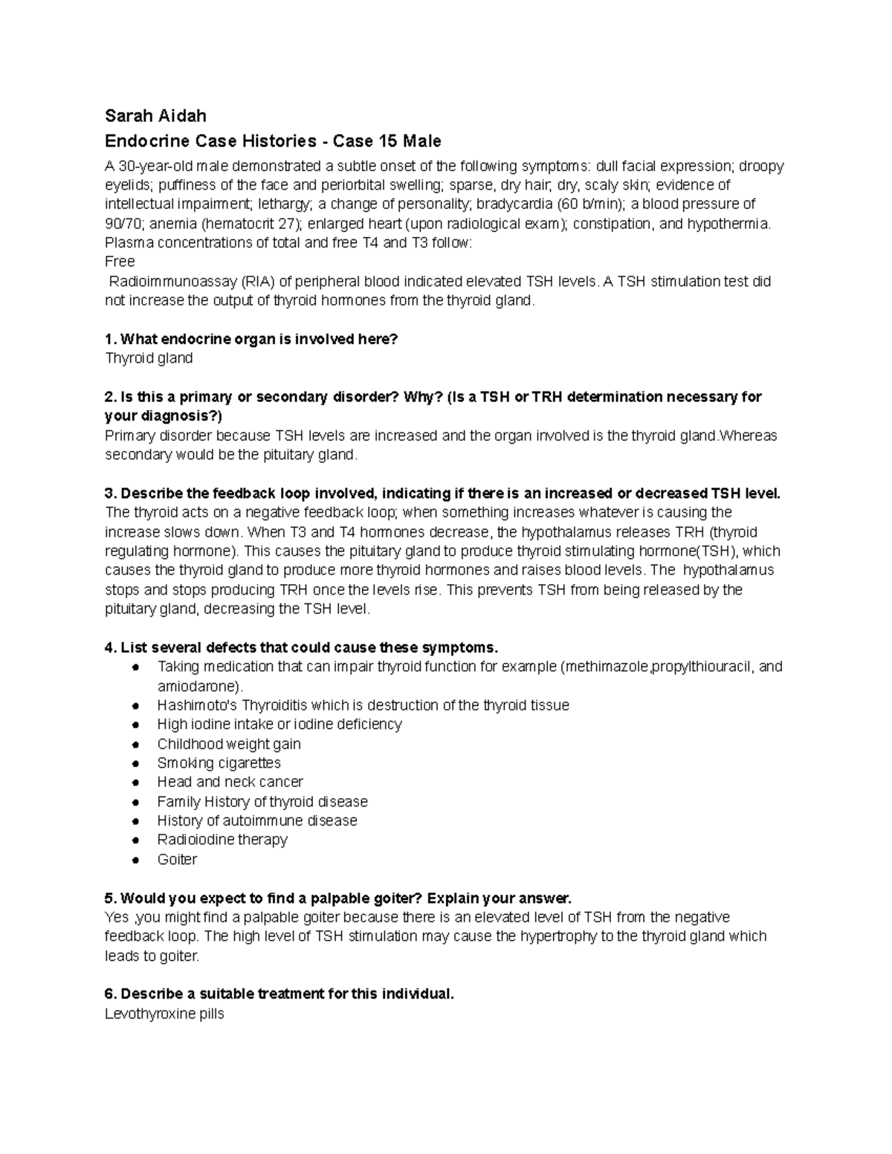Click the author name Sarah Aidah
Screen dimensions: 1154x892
pyautogui.click(x=155, y=116)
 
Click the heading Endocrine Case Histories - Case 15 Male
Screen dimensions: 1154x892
pyautogui.click(x=273, y=141)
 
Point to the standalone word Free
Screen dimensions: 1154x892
pyautogui.click(x=120, y=262)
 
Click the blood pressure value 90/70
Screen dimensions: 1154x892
pyautogui.click(x=123, y=224)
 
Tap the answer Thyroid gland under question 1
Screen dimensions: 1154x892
pyautogui.click(x=149, y=358)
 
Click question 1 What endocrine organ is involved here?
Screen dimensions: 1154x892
pyautogui.click(x=251, y=339)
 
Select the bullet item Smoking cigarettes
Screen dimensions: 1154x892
pyautogui.click(x=219, y=763)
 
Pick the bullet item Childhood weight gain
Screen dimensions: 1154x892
pyautogui.click(x=229, y=744)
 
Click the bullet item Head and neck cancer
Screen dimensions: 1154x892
pyautogui.click(x=230, y=782)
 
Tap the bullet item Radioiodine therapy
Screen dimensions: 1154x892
pyautogui.click(x=222, y=840)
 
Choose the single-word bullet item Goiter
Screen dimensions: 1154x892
pyautogui.click(x=177, y=860)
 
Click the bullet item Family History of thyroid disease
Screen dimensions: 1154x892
pyautogui.click(x=262, y=802)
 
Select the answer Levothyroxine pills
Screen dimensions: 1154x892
pyautogui.click(x=164, y=1014)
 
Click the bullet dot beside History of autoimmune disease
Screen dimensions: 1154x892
pyautogui.click(x=135, y=821)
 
